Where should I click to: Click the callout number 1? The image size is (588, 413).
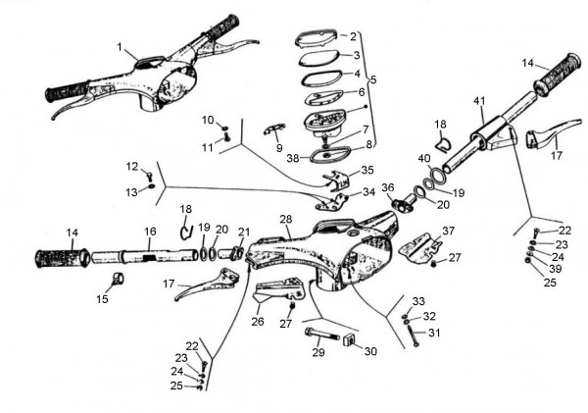(119, 47)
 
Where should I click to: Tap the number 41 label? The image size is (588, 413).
(479, 101)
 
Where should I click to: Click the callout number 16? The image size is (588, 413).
(150, 232)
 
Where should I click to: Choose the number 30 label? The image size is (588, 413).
(369, 350)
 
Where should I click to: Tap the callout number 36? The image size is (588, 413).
(388, 187)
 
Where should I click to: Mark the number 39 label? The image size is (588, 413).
(556, 269)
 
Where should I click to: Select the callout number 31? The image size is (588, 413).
(435, 333)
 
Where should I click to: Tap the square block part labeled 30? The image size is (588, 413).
(347, 340)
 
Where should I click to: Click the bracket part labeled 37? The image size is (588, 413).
(418, 245)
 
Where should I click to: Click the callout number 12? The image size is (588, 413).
(133, 166)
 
